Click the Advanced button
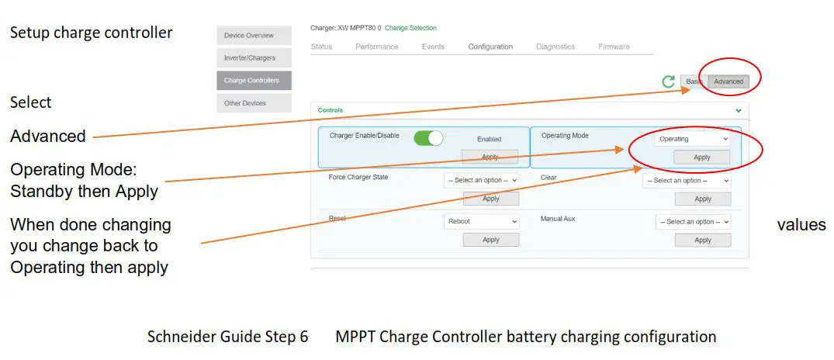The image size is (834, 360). click(728, 81)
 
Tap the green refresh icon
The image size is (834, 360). click(668, 81)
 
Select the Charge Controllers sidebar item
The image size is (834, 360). click(254, 80)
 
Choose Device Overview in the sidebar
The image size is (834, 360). click(254, 35)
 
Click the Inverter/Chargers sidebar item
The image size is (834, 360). click(254, 57)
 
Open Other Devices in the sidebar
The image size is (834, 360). click(254, 103)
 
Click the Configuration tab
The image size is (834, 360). click(490, 47)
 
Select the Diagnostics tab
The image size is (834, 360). click(555, 47)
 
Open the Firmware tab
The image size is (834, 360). click(614, 47)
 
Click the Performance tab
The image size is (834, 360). click(377, 47)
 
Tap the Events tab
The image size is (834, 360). click(433, 47)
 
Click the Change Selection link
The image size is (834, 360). click(410, 29)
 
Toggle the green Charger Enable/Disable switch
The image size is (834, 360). click(428, 138)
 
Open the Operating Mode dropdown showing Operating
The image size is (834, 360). click(693, 139)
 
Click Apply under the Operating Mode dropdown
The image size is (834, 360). click(702, 157)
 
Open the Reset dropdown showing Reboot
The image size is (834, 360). click(482, 221)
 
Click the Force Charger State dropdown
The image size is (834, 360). click(482, 181)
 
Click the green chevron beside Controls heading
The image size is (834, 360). click(738, 111)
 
